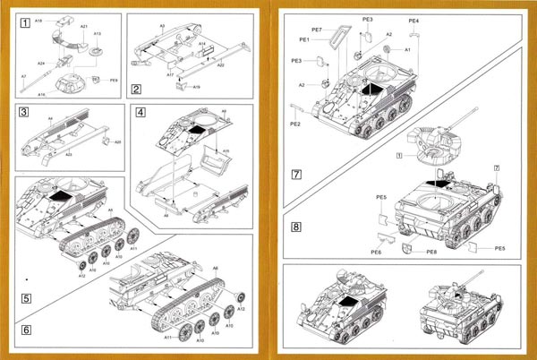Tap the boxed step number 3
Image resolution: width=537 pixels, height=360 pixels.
[x=25, y=114]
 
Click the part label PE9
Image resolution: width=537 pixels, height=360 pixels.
[x=114, y=81]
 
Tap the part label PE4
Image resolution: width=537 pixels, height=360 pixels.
[x=413, y=19]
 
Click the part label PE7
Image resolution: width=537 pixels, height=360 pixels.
[x=315, y=28]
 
